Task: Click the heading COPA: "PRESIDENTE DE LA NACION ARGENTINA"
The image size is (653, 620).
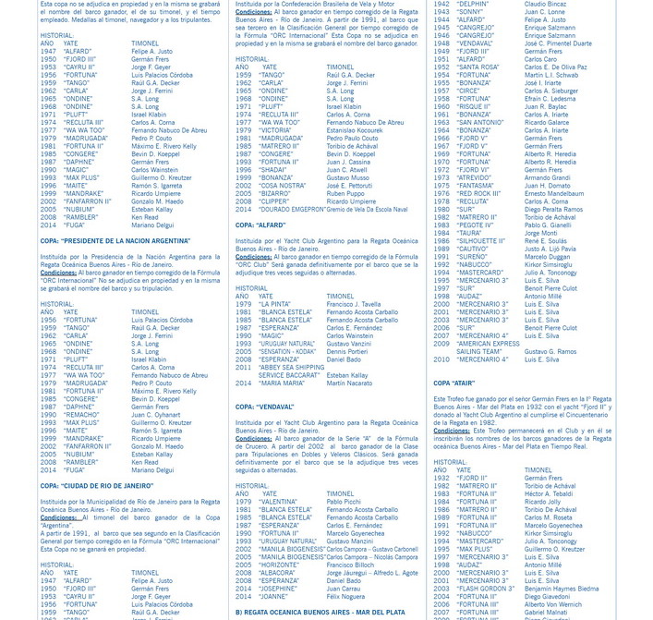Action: pyautogui.click(x=115, y=241)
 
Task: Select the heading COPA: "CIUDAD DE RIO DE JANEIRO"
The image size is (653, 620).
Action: pyautogui.click(x=97, y=485)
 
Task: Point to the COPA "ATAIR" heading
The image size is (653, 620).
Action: pyautogui.click(x=454, y=383)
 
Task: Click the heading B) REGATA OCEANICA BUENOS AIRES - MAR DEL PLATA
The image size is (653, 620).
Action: pyautogui.click(x=320, y=612)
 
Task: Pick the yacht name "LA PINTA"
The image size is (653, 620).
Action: pyautogui.click(x=275, y=304)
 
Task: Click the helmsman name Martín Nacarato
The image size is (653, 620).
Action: pyautogui.click(x=349, y=383)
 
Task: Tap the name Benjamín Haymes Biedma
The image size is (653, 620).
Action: pyautogui.click(x=562, y=589)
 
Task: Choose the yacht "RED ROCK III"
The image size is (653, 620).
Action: pyautogui.click(x=478, y=194)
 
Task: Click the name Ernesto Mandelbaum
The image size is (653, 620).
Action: pyautogui.click(x=554, y=194)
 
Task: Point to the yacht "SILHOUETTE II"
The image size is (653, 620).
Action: pyautogui.click(x=481, y=241)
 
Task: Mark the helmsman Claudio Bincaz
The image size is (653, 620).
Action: pyautogui.click(x=545, y=4)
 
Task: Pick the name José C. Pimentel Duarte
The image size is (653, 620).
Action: pyautogui.click(x=558, y=43)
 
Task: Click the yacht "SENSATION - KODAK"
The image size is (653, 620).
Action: pyautogui.click(x=287, y=351)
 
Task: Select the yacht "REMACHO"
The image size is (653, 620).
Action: pyautogui.click(x=81, y=415)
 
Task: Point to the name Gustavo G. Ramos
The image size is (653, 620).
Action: pyautogui.click(x=550, y=351)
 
